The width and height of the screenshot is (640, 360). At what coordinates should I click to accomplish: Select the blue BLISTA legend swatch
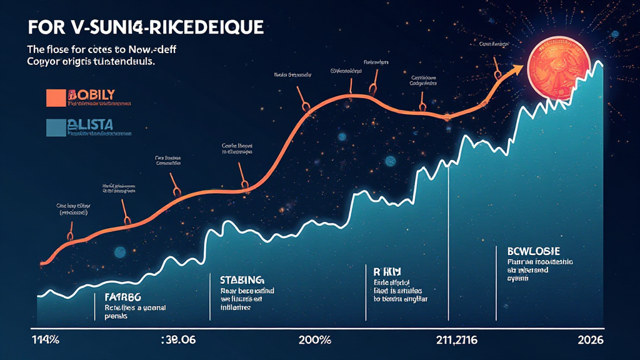[x=55, y=126]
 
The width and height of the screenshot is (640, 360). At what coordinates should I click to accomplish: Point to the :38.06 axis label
[x=179, y=341]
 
